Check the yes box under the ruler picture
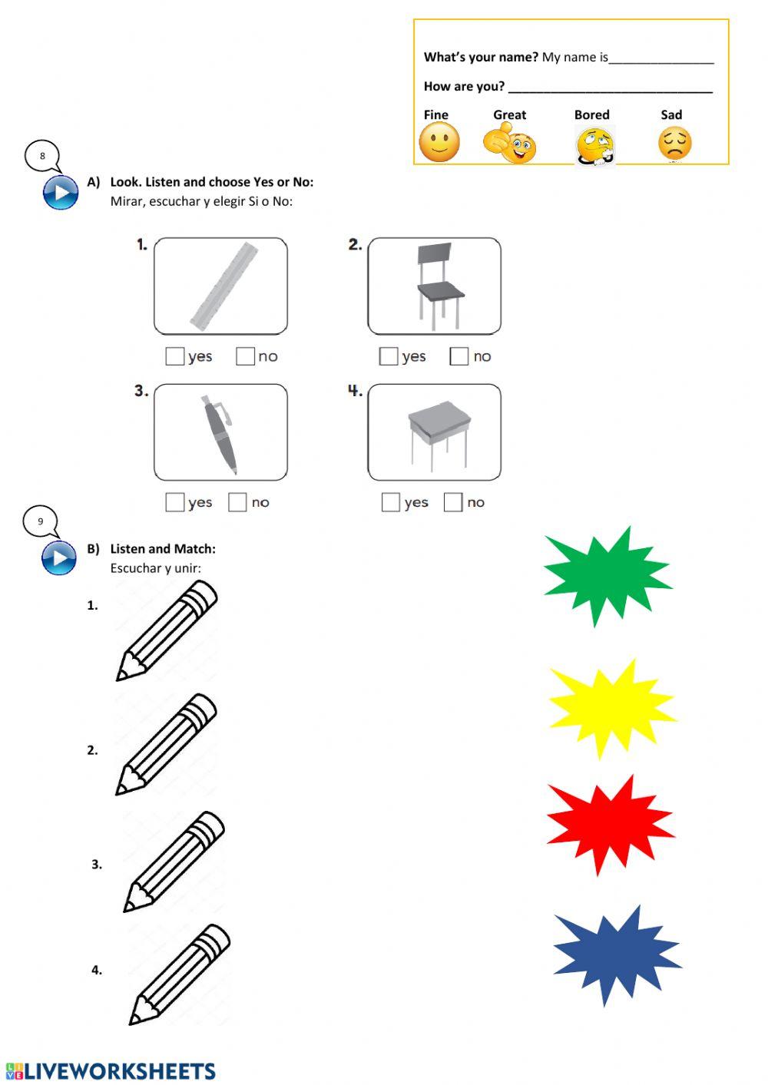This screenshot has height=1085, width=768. [x=175, y=356]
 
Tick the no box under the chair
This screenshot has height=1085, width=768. [x=459, y=356]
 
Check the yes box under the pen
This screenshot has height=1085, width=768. [x=175, y=502]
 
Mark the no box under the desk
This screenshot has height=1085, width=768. [x=453, y=502]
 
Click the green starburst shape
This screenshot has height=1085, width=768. [x=607, y=575]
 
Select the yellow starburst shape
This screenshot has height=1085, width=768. [x=611, y=708]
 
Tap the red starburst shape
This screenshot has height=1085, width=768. [x=611, y=825]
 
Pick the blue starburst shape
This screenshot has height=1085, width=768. [x=617, y=954]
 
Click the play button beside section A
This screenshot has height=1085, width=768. [x=61, y=192]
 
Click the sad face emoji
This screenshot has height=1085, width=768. [x=674, y=144]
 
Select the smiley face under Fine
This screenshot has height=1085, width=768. [x=439, y=143]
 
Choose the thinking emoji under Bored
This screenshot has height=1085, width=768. [x=596, y=146]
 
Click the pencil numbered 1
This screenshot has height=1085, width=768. [x=167, y=630]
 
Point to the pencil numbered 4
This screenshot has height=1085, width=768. [x=180, y=974]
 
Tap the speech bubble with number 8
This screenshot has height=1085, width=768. [x=42, y=156]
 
